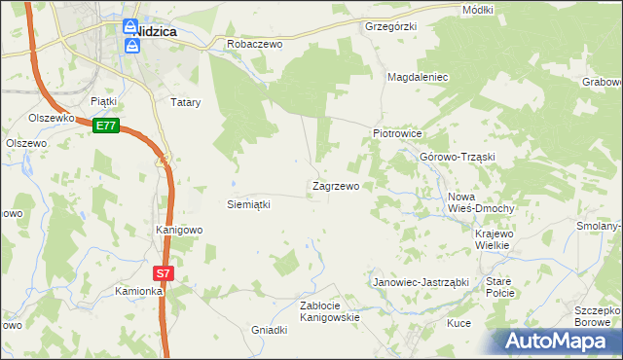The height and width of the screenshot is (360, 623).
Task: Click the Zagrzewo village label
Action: click(x=336, y=185)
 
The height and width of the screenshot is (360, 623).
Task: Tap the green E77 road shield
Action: click(x=106, y=126)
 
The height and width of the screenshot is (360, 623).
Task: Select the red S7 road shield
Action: click(x=164, y=273)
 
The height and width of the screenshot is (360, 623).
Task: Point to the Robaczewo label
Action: click(x=254, y=44)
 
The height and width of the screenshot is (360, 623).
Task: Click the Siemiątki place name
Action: click(x=247, y=204)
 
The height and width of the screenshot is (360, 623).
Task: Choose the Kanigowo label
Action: click(x=179, y=230)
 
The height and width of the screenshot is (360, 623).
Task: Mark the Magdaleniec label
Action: click(x=418, y=76)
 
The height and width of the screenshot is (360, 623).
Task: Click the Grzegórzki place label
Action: click(x=390, y=25)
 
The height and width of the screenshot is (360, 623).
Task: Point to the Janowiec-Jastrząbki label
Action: click(x=421, y=282)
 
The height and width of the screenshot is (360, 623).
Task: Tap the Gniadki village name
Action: click(x=271, y=330)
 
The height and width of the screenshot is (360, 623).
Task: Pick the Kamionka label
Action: click(x=137, y=291)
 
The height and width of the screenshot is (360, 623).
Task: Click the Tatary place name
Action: click(x=185, y=101)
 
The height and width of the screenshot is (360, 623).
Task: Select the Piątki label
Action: click(x=103, y=100)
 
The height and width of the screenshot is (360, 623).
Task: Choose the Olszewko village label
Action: click(x=52, y=118)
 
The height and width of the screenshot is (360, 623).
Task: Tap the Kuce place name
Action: click(x=458, y=322)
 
